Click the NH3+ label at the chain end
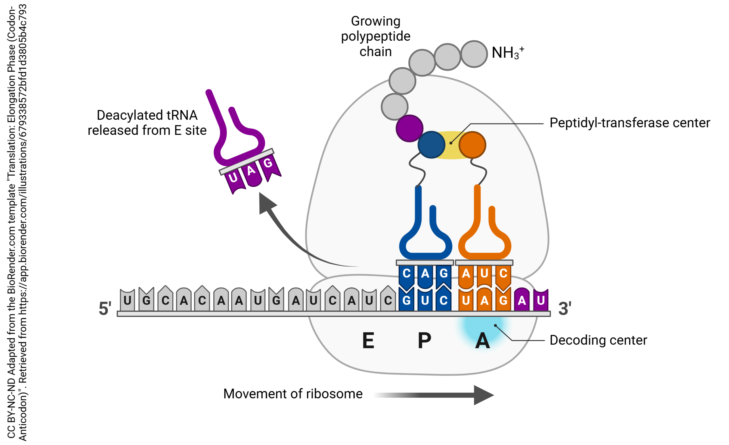point(507,53)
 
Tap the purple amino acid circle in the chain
point(409,128)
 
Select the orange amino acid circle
point(472,145)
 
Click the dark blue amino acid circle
point(431,145)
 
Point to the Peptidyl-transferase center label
point(629,123)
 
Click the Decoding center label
point(598,340)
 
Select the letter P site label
point(424,341)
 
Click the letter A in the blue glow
point(482,341)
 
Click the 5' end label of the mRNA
point(105,308)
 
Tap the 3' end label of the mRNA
point(564,308)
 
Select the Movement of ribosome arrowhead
point(483,395)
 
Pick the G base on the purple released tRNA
point(268,163)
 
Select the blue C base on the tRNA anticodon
point(407,273)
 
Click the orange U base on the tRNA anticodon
point(484,273)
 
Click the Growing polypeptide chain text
point(375,36)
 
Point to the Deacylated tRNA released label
point(147,123)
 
